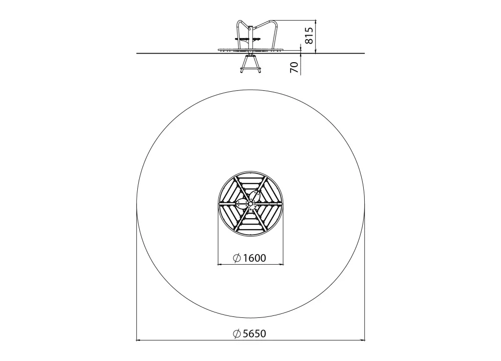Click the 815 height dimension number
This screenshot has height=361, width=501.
click(309, 36)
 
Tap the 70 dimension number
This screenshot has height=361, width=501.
click(294, 67)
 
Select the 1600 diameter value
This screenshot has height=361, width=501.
click(255, 258)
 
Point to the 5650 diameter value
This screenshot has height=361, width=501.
click(255, 333)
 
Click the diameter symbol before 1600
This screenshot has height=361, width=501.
click(237, 258)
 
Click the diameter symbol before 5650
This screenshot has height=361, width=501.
click(237, 333)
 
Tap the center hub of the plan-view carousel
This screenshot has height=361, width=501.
click(250, 204)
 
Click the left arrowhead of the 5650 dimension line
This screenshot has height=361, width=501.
click(139, 340)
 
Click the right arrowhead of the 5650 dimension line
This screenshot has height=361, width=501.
click(362, 340)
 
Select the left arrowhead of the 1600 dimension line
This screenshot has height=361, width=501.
click(220, 264)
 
